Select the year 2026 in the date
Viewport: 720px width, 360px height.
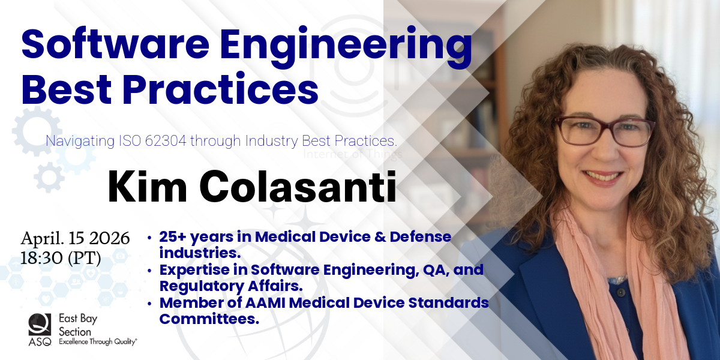pyautogui.click(x=109, y=238)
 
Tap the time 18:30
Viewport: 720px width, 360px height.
pyautogui.click(x=41, y=257)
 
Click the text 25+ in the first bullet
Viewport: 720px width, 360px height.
pyautogui.click(x=173, y=237)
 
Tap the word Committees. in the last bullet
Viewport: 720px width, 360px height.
pyautogui.click(x=209, y=319)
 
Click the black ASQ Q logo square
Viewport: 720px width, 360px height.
pyautogui.click(x=40, y=325)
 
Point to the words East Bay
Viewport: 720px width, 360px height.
pyautogui.click(x=78, y=319)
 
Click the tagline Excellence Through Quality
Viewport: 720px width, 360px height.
pyautogui.click(x=98, y=341)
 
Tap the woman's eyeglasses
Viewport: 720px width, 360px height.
pyautogui.click(x=605, y=131)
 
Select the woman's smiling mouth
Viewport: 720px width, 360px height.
pyautogui.click(x=602, y=177)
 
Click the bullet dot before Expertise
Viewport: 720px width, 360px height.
pyautogui.click(x=149, y=271)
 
